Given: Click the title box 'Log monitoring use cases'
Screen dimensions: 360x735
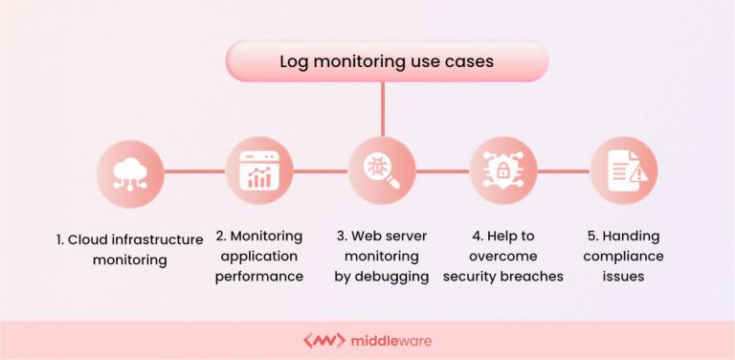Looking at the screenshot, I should pyautogui.click(x=386, y=61).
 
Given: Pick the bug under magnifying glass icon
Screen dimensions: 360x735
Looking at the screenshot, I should pyautogui.click(x=382, y=171).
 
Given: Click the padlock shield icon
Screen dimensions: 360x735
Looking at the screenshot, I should pyautogui.click(x=502, y=171).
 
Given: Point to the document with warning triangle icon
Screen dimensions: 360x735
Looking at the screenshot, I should pyautogui.click(x=623, y=171).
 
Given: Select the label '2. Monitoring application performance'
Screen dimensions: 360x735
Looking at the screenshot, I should pyautogui.click(x=258, y=256).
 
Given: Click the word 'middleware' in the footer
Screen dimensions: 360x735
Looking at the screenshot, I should pyautogui.click(x=390, y=340).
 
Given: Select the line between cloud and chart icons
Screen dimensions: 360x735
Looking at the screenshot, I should pyautogui.click(x=194, y=171).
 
